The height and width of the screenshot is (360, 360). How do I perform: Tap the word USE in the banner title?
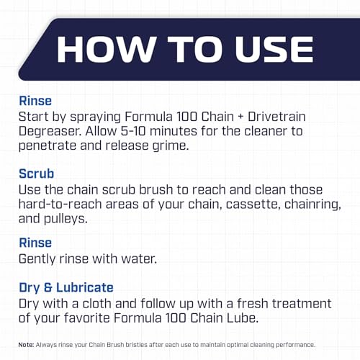[274, 50]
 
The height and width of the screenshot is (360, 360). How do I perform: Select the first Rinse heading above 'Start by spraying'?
[35, 101]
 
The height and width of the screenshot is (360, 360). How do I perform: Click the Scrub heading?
[37, 174]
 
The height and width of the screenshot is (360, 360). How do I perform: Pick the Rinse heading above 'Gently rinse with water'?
[35, 243]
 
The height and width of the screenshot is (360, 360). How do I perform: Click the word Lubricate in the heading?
[85, 287]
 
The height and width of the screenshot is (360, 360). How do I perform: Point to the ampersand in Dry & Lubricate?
[48, 287]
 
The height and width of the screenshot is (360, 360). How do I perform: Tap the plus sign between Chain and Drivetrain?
[240, 117]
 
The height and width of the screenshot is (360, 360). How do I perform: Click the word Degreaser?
[50, 132]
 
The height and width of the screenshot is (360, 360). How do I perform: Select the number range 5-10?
[133, 131]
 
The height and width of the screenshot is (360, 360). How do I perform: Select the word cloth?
[97, 303]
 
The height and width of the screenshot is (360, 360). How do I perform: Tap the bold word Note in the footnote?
[26, 345]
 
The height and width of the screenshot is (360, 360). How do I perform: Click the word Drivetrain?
[276, 117]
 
